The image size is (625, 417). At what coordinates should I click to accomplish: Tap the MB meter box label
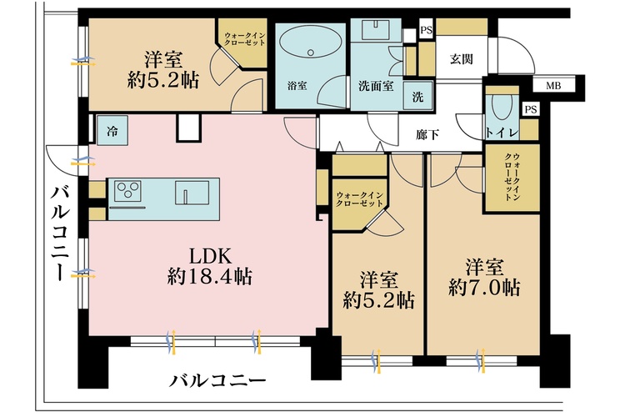click(x=552, y=86)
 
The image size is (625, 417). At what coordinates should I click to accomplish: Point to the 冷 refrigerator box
click(x=112, y=130)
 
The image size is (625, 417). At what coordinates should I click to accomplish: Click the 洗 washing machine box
click(x=417, y=95)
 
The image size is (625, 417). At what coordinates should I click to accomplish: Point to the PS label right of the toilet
click(x=530, y=109)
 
